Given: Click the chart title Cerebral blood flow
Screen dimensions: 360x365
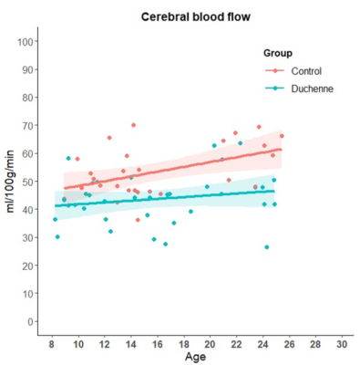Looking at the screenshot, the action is tap(196, 17).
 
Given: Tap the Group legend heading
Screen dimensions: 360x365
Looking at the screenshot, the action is tap(278, 53).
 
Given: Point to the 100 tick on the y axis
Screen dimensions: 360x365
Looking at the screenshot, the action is tap(26, 42).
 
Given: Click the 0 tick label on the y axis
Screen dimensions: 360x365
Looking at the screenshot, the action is tap(30, 321).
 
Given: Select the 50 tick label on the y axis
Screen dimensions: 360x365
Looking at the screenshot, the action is tap(28, 182).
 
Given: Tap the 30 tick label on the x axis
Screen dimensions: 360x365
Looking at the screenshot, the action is tap(342, 344).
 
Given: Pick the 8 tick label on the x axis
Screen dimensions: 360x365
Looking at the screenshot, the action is tap(52, 344).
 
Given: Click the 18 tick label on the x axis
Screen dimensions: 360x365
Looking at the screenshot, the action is tap(184, 344).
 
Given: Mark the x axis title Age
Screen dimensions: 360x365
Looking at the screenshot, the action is tap(195, 357).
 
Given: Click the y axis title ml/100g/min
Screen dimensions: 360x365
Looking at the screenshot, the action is tap(10, 182).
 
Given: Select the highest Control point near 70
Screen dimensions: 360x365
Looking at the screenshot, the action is tap(133, 125).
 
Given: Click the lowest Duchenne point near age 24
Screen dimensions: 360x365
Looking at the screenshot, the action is tap(267, 247).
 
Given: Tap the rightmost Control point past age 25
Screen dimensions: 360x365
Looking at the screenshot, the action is tap(282, 136).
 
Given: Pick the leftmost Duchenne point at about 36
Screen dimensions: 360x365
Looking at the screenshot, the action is tap(55, 219).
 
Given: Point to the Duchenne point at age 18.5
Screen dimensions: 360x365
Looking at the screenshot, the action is tap(190, 212).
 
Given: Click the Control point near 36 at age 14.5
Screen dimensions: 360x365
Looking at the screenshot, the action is tap(138, 220).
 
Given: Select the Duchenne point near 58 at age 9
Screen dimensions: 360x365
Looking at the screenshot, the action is tap(68, 158).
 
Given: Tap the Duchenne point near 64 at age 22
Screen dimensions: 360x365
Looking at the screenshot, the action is tap(241, 143).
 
